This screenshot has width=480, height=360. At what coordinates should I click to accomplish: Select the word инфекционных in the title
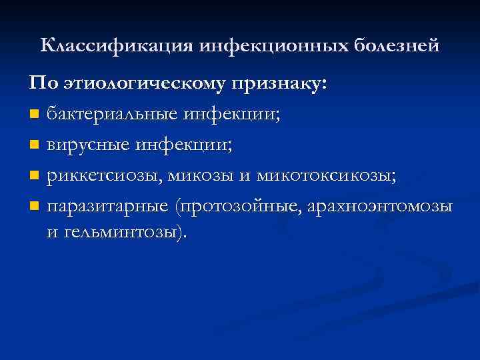coord(266,46)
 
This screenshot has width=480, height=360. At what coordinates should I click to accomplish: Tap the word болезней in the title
coord(396,46)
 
